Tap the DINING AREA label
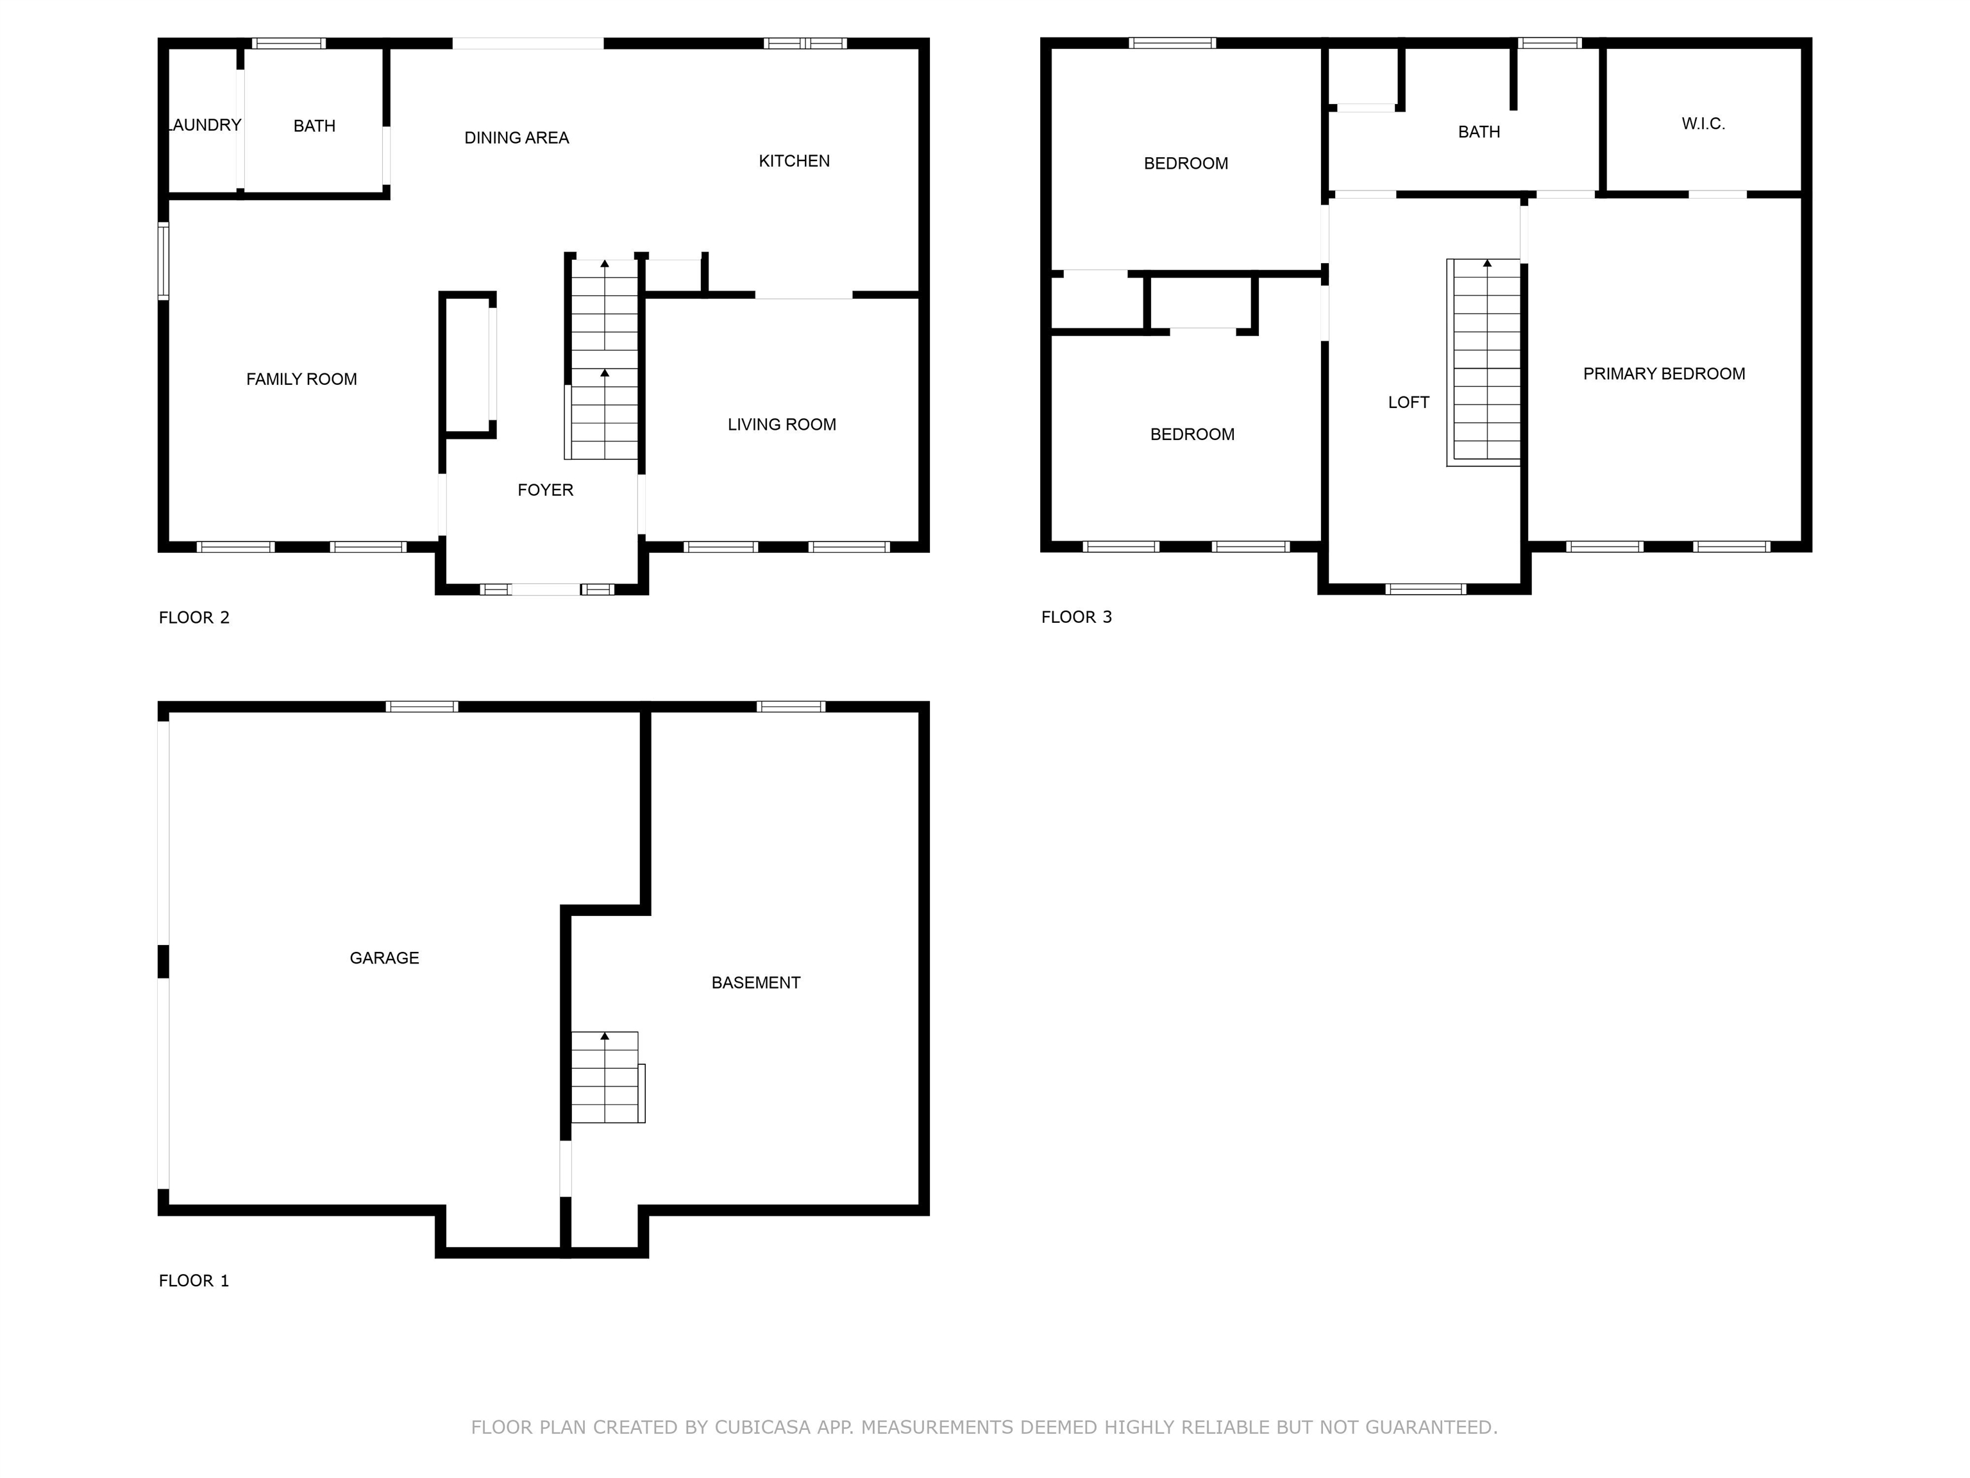pyautogui.click(x=516, y=137)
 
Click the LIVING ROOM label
pyautogui.click(x=782, y=424)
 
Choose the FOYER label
pyautogui.click(x=546, y=489)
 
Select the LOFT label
pyautogui.click(x=1409, y=402)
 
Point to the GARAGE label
pyautogui.click(x=385, y=958)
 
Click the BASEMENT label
pyautogui.click(x=756, y=983)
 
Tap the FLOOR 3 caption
pyautogui.click(x=1077, y=616)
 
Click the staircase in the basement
pyautogui.click(x=607, y=1077)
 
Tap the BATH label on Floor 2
pyautogui.click(x=314, y=126)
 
